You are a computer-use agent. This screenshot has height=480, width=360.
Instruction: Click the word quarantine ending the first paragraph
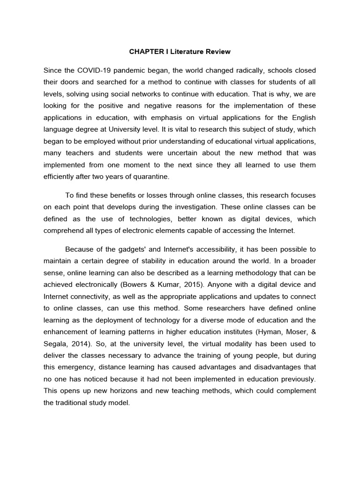(x=151, y=176)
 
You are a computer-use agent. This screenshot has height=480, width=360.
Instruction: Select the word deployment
(x=120, y=319)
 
